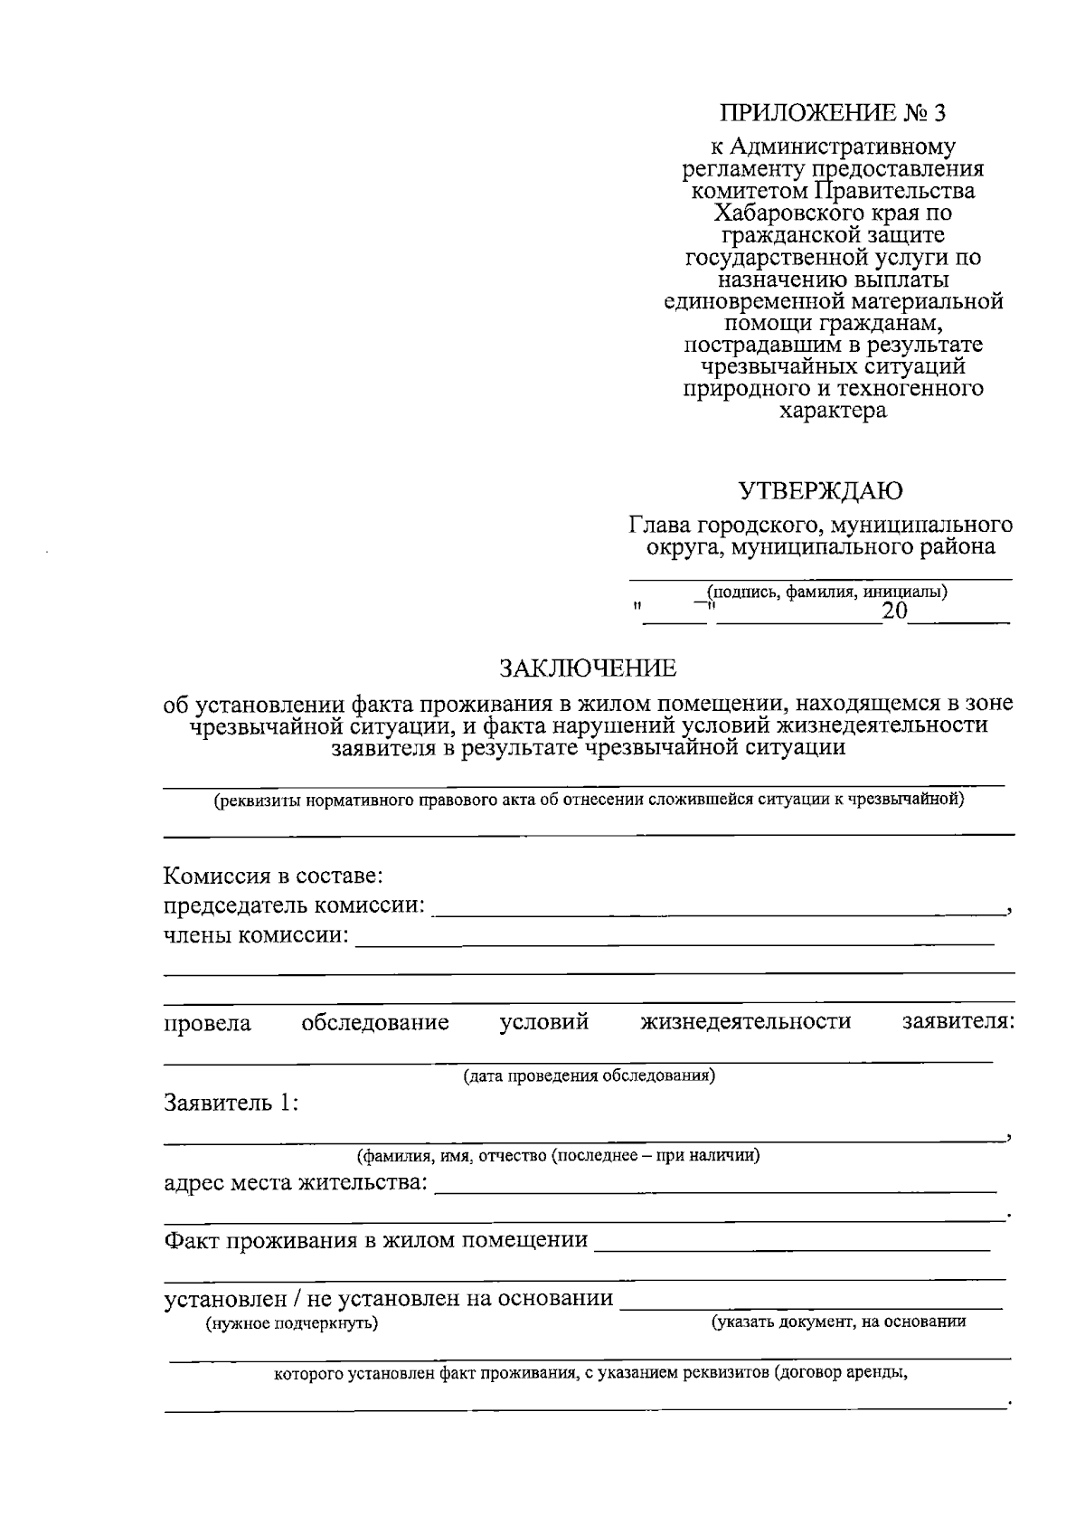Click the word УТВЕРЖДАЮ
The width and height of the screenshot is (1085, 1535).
coord(821,491)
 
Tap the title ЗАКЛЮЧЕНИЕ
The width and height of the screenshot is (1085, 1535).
coord(589,669)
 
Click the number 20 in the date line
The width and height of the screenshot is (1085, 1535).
coord(894,612)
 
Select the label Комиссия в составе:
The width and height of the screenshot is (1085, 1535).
coord(274,876)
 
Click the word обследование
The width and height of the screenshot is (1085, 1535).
coord(375,1023)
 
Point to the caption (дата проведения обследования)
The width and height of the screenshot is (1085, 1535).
coord(590,1076)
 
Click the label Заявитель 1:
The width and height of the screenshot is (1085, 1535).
coord(231,1103)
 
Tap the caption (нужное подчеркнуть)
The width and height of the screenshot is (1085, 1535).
coord(292,1324)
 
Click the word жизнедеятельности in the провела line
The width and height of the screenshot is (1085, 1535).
coord(746,1022)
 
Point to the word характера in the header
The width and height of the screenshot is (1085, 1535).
coord(833,412)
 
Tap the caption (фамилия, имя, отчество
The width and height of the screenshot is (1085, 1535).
coord(558,1156)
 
